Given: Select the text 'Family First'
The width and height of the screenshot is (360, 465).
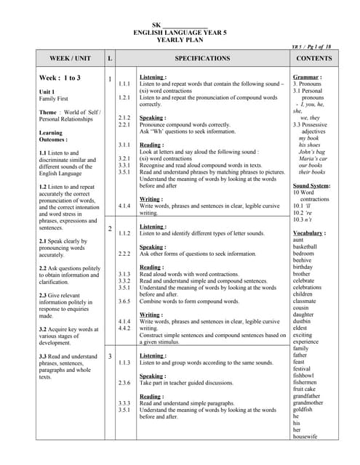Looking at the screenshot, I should tap(54, 98).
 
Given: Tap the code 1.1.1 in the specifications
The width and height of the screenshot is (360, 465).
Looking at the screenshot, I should tap(124, 84).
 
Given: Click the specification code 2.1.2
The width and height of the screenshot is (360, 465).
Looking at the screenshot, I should tap(124, 117).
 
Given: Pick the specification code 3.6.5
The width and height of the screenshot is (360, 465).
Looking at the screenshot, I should tap(124, 301).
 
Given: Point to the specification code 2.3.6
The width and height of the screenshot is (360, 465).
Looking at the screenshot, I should tap(124, 382).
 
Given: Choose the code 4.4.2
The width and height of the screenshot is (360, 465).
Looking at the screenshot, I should tap(124, 328).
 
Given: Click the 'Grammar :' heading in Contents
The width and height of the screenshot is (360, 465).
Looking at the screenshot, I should tap(308, 77).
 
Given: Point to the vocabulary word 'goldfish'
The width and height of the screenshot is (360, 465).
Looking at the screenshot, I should tap(303, 409).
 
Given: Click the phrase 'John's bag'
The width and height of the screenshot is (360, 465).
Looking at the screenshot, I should tap(313, 151).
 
